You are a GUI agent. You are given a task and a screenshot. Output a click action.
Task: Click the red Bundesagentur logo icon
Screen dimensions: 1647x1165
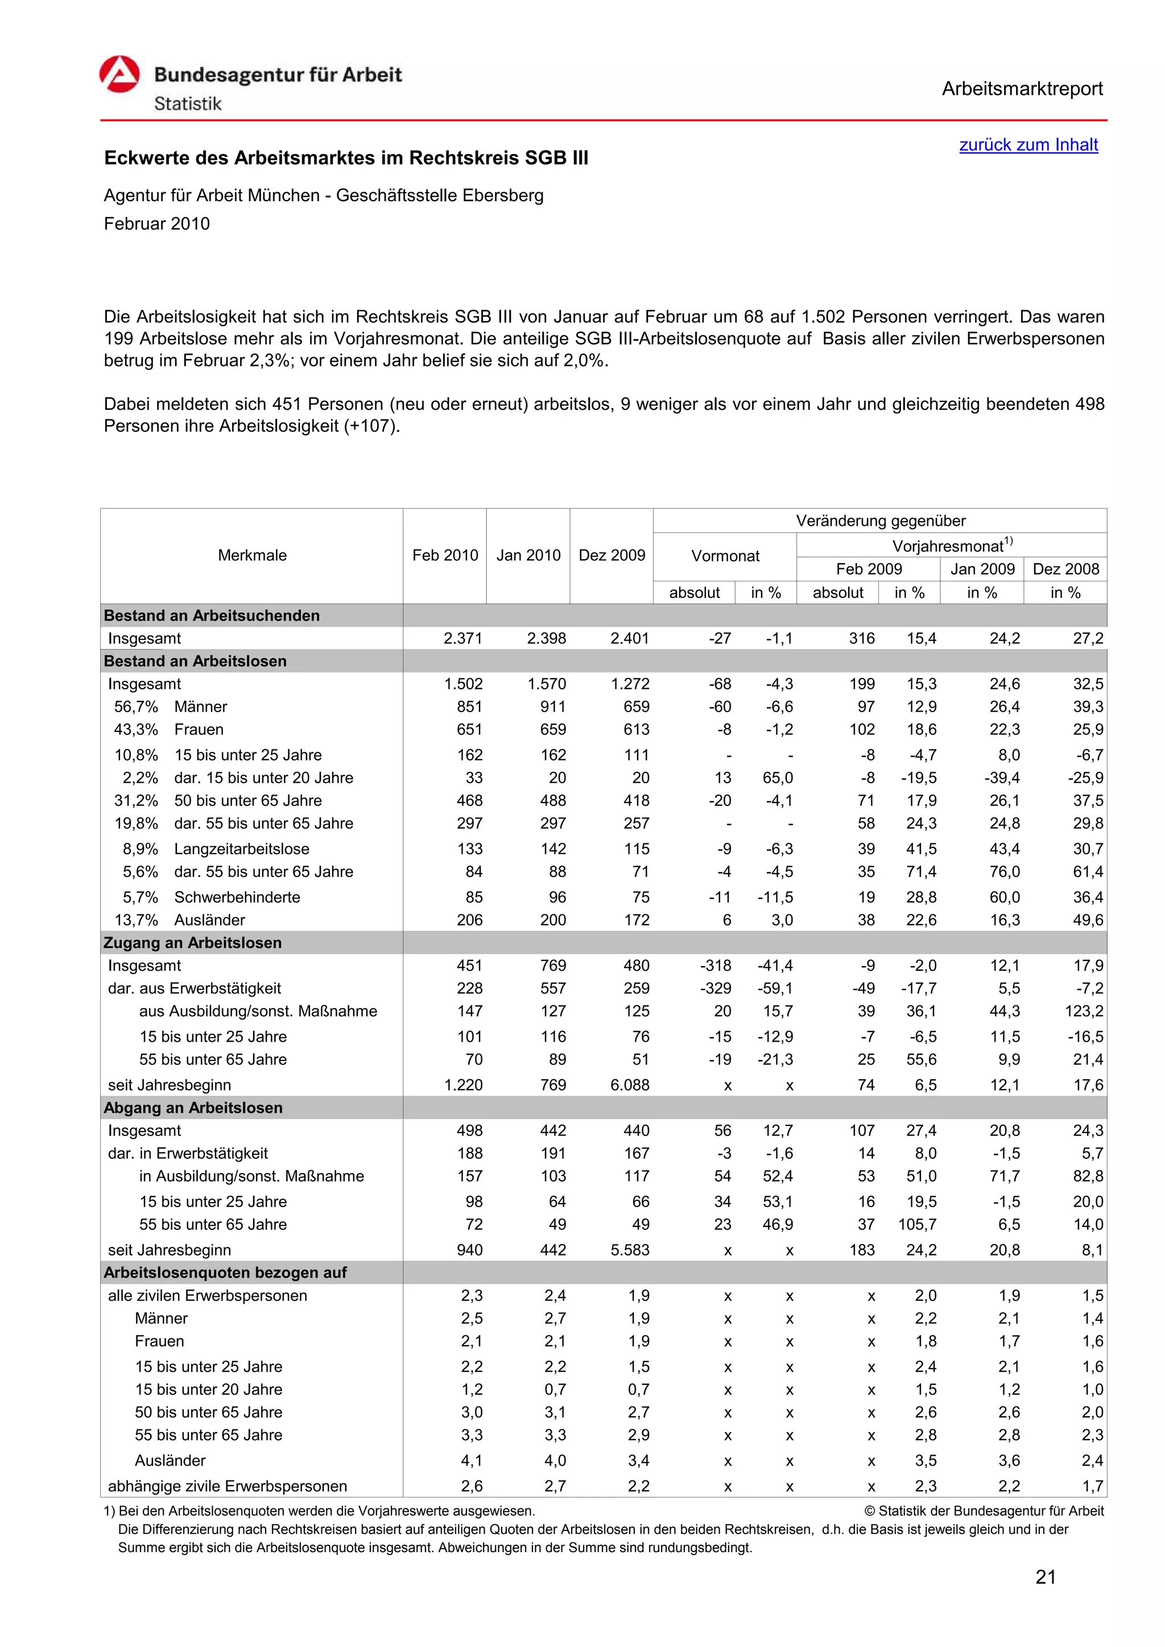pyautogui.click(x=119, y=74)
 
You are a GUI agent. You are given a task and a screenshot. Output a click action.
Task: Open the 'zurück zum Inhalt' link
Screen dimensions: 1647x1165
pyautogui.click(x=1028, y=145)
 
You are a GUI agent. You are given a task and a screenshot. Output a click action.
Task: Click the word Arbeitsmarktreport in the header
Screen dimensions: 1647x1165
pyautogui.click(x=1022, y=89)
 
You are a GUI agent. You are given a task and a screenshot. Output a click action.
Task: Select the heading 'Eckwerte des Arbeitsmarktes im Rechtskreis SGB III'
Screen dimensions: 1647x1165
pyautogui.click(x=346, y=159)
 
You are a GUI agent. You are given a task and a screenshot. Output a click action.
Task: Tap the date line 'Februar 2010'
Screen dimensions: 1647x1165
pyautogui.click(x=156, y=224)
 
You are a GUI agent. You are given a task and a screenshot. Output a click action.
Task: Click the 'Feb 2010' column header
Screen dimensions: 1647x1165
pyautogui.click(x=444, y=555)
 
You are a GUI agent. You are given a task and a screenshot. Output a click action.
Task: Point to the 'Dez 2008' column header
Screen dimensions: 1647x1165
pyautogui.click(x=1065, y=569)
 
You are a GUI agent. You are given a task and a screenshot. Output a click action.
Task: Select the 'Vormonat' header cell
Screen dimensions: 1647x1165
pyautogui.click(x=724, y=556)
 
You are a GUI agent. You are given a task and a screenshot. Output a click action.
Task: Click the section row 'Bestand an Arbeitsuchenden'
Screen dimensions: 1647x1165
pyautogui.click(x=212, y=615)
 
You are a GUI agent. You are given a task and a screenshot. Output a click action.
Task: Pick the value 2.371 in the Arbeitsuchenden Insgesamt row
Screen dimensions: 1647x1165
pyautogui.click(x=463, y=638)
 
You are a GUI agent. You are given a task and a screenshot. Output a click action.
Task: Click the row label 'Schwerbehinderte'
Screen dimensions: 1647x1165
pyautogui.click(x=237, y=897)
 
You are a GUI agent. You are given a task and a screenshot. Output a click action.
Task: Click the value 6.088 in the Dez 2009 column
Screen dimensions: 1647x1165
pyautogui.click(x=630, y=1085)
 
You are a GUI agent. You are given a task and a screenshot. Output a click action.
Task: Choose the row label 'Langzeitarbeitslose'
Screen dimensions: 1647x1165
pyautogui.click(x=241, y=849)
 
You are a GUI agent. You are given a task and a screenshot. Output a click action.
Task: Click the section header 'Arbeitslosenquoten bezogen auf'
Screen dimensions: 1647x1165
pyautogui.click(x=225, y=1272)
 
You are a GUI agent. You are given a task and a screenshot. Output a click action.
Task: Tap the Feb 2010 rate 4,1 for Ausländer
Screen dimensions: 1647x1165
pyautogui.click(x=472, y=1461)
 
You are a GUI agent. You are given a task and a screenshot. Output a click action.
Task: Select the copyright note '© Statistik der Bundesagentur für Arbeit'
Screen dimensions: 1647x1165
pyautogui.click(x=984, y=1511)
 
